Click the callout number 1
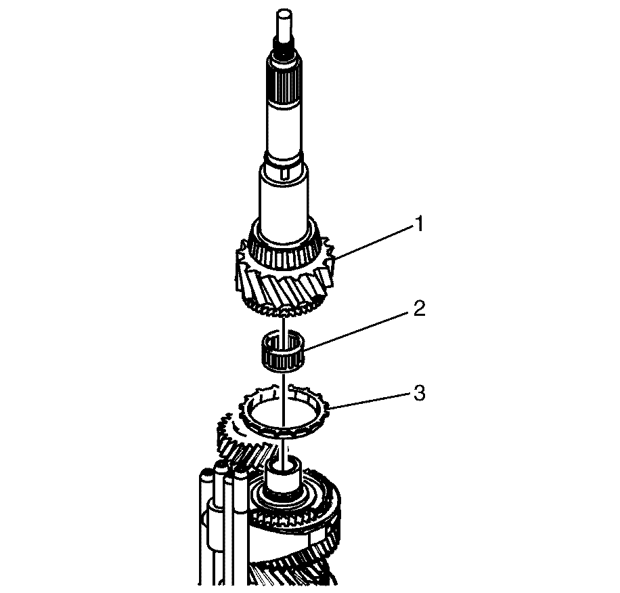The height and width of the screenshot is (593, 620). [418, 224]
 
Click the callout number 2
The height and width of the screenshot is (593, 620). [419, 308]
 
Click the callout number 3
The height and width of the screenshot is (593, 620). [419, 394]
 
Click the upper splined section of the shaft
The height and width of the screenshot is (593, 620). [283, 87]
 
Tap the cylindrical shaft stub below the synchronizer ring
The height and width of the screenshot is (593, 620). [284, 477]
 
